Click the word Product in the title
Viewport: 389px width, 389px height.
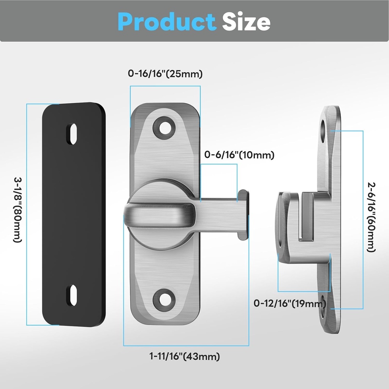[166, 22]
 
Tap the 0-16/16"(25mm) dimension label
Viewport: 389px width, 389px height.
[165, 74]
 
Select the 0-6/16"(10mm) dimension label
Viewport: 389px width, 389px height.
[239, 155]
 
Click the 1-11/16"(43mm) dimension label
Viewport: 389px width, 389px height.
[185, 357]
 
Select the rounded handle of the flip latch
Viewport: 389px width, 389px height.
[160, 215]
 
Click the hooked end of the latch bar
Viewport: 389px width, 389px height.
[243, 215]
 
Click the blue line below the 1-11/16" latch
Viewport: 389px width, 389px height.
[186, 345]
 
